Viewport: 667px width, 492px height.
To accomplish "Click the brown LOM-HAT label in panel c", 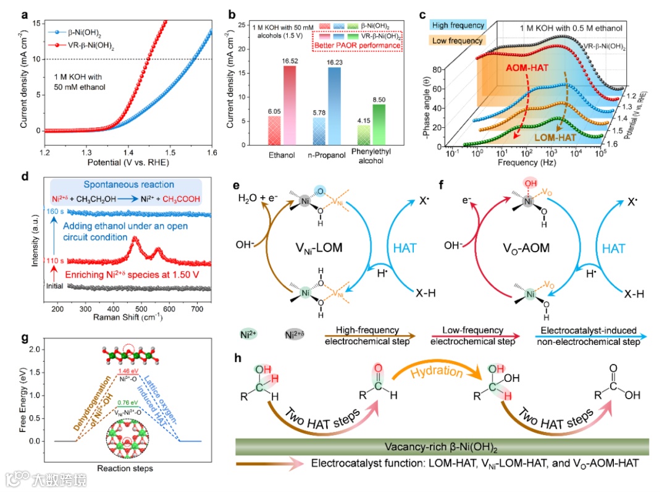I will [x=550, y=133].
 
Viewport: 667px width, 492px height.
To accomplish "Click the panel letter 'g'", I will [x=24, y=338].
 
